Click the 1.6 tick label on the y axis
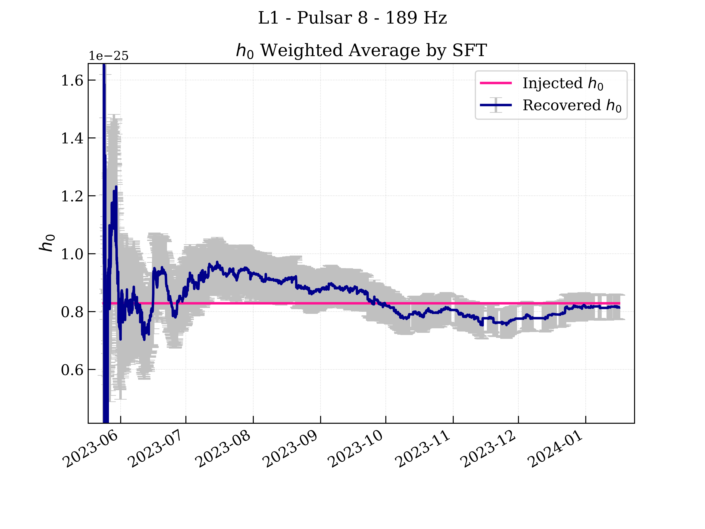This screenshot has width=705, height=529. (x=72, y=80)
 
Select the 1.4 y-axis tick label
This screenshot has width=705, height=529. (x=72, y=138)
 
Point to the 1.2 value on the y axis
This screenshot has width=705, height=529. (x=72, y=196)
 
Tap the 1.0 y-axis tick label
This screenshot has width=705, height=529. (x=72, y=254)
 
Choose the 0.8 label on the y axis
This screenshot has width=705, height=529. (x=72, y=312)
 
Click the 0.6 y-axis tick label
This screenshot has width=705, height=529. (x=72, y=370)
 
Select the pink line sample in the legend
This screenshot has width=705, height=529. (x=496, y=83)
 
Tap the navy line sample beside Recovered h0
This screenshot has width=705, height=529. (x=496, y=105)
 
